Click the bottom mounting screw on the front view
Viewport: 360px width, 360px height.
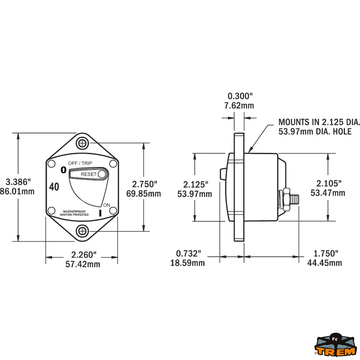point(82,231)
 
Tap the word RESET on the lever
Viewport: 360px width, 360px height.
point(88,174)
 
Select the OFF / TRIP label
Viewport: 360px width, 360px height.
point(80,163)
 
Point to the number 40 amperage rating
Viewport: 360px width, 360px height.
point(54,187)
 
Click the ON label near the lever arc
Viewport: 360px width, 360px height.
point(106,205)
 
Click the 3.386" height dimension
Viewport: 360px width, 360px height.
point(18,182)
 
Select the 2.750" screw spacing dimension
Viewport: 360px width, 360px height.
point(145,184)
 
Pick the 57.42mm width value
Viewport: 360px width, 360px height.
point(83,264)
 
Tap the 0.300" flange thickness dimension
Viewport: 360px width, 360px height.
point(240,96)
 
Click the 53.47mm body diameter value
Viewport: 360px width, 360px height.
point(328,193)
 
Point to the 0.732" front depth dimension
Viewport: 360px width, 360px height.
point(188,253)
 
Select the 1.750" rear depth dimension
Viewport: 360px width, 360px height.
point(326,253)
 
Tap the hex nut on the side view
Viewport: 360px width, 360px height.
point(286,199)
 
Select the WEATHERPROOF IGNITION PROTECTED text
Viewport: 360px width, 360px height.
point(74,213)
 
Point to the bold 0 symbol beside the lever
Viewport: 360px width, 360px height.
point(63,170)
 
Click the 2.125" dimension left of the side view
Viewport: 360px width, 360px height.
point(196,184)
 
